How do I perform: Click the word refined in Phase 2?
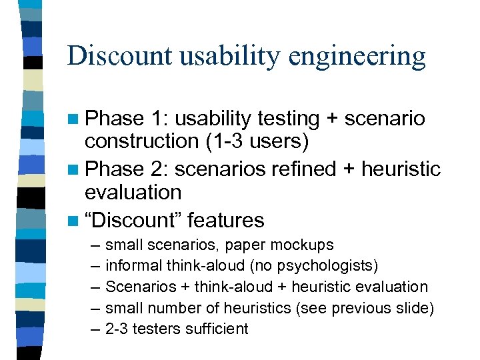[303, 169]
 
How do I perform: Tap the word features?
[226, 220]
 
